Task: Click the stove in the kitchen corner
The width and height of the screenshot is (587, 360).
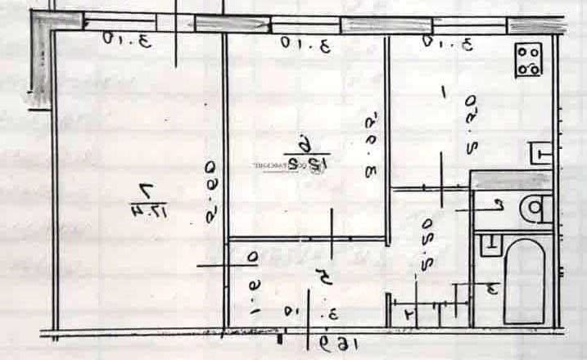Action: [529, 60]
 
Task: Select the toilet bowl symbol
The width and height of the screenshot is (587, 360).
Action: [535, 209]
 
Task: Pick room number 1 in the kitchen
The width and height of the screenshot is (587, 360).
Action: [444, 94]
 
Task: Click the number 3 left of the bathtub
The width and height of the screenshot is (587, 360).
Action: [491, 288]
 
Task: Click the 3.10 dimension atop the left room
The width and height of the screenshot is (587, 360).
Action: [128, 39]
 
